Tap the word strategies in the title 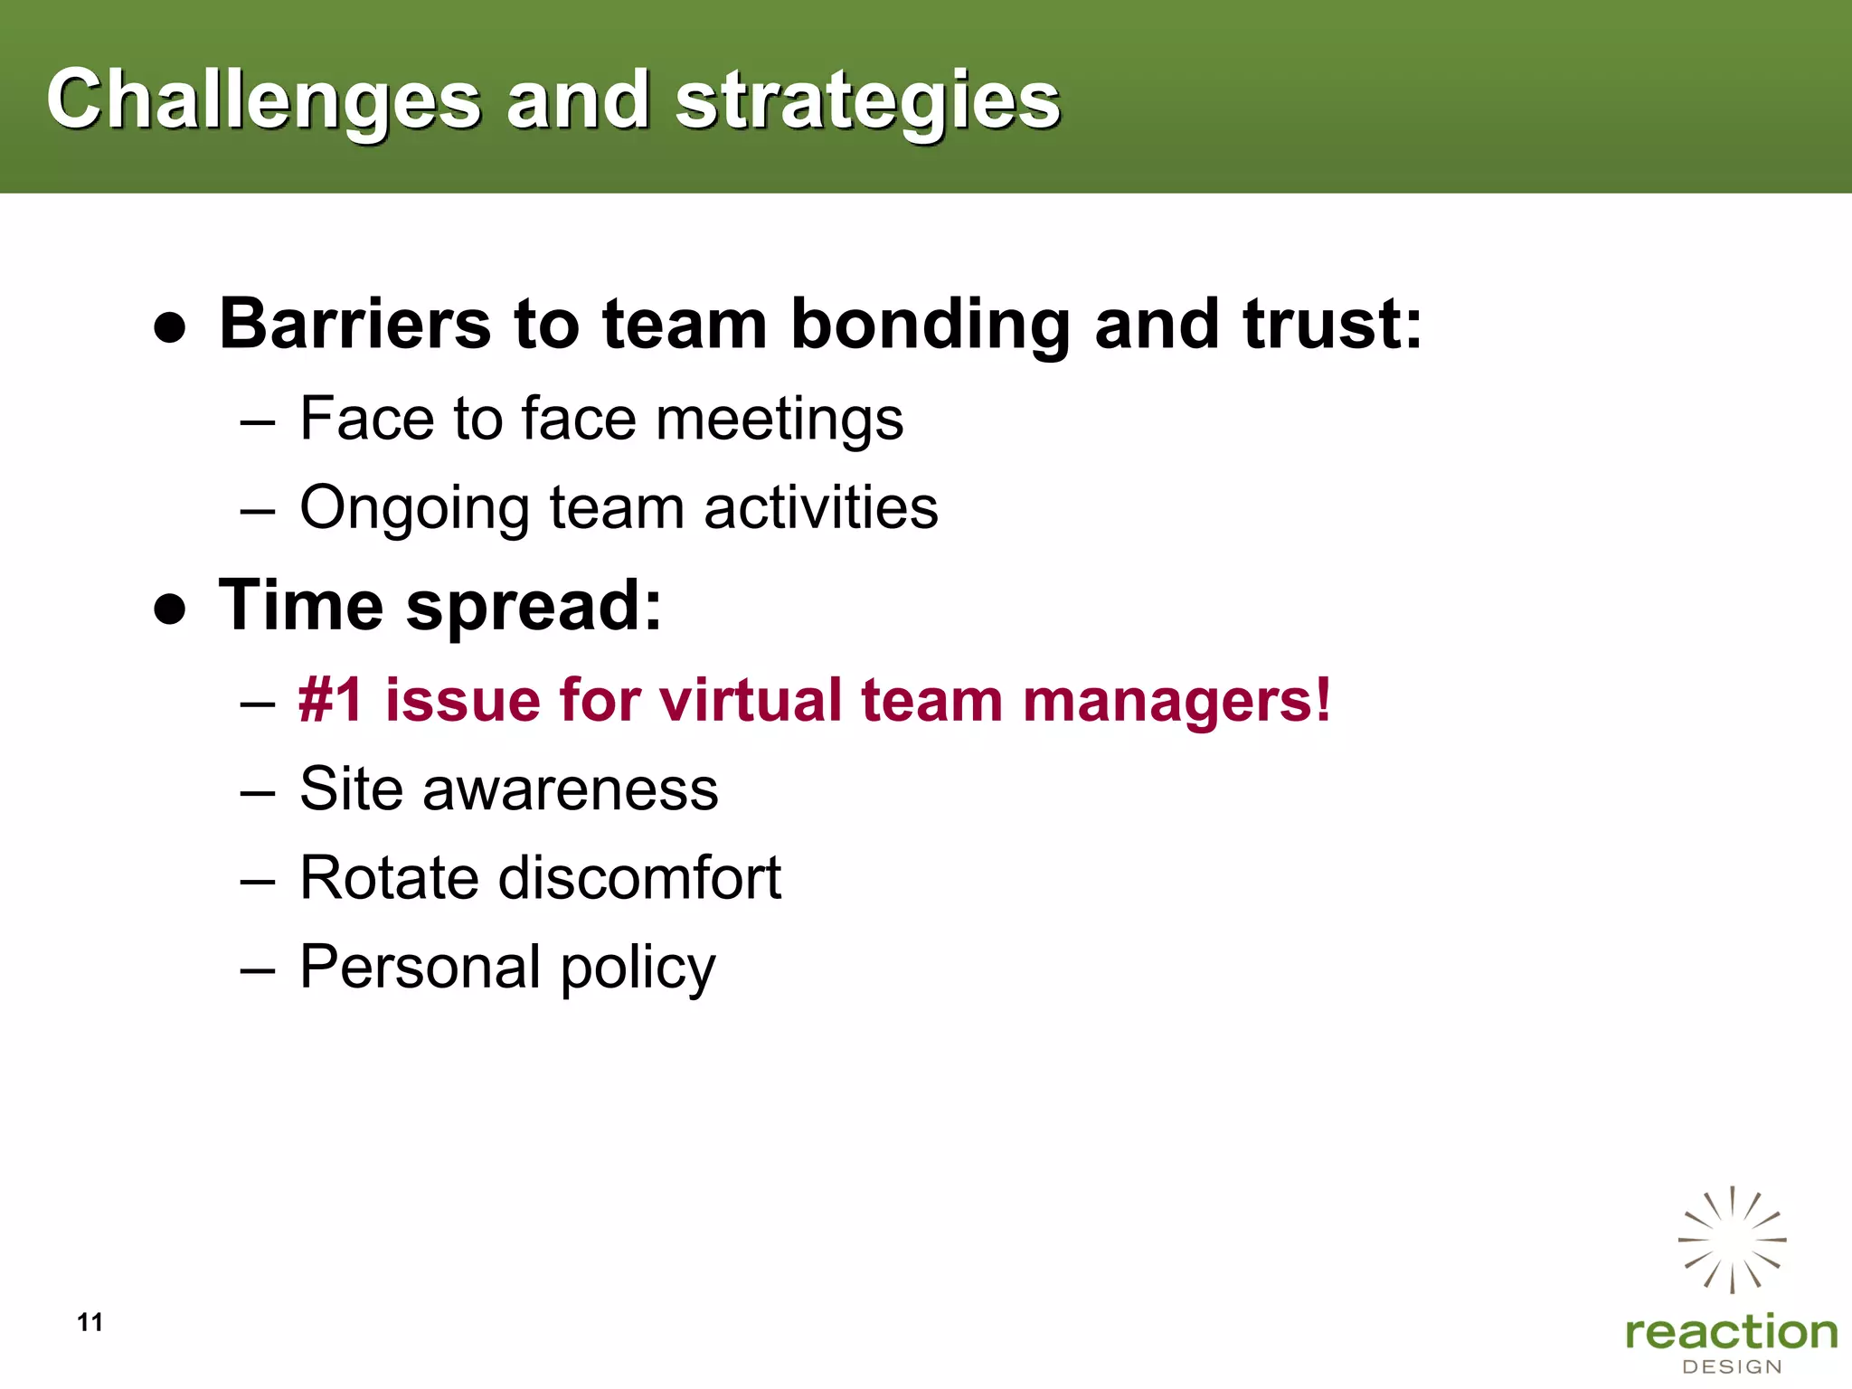click(867, 101)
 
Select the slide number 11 click(90, 1322)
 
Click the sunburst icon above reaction click(1732, 1240)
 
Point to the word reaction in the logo click(1731, 1333)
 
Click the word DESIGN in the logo click(1732, 1367)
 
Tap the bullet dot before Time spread click(170, 609)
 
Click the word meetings click(779, 420)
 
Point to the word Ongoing click(414, 509)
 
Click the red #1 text click(331, 700)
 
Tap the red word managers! click(1176, 702)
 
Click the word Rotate click(389, 877)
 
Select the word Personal click(420, 967)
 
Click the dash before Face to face click(258, 421)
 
